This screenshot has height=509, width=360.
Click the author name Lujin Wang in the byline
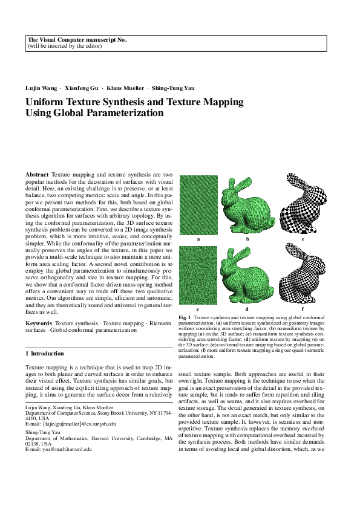click(40, 88)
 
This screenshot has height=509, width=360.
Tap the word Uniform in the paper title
click(48, 102)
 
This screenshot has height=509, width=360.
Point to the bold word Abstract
click(38, 174)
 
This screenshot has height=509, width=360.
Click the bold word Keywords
click(39, 324)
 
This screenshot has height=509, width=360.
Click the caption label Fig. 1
click(185, 317)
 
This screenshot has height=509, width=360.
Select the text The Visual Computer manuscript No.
click(77, 39)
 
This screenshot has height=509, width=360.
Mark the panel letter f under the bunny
click(303, 309)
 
